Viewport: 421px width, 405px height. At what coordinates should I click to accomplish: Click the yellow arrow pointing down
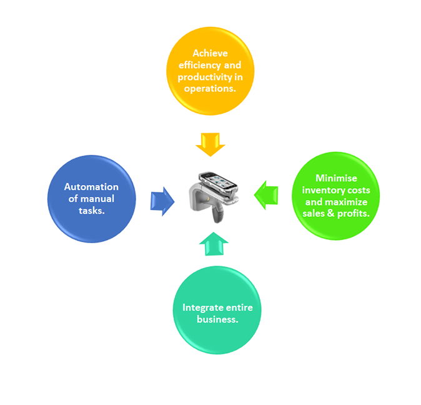[x=210, y=144]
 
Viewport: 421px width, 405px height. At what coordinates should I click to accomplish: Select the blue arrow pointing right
[x=163, y=201]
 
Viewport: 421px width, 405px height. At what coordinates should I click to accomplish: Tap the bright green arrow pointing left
[x=266, y=195]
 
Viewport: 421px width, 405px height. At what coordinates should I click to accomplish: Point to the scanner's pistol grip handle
[x=218, y=212]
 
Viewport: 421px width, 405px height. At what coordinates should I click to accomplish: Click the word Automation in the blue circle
[x=91, y=187]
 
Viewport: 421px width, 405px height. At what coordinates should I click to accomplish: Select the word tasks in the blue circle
[x=92, y=211]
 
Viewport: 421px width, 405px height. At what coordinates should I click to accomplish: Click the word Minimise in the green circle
[x=336, y=178]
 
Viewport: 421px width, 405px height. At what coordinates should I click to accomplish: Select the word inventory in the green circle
[x=323, y=190]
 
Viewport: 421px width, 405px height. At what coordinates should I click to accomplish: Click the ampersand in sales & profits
[x=334, y=214]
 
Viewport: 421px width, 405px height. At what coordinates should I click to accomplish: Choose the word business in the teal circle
[x=217, y=319]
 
